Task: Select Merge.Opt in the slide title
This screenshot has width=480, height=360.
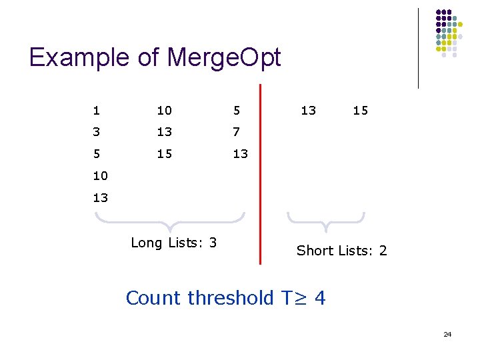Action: [224, 58]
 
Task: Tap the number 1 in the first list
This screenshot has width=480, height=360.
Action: [97, 111]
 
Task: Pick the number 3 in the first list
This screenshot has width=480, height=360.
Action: [97, 132]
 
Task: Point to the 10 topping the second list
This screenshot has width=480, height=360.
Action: [164, 111]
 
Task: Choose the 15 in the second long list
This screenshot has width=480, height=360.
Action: [164, 154]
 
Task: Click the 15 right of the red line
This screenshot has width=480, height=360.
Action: [360, 111]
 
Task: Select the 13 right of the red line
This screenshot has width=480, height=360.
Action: [308, 111]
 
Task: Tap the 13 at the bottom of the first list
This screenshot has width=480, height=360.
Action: [100, 198]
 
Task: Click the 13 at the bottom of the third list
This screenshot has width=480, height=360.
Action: [240, 154]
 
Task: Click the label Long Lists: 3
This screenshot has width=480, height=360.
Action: [173, 243]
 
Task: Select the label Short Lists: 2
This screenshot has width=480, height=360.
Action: [341, 251]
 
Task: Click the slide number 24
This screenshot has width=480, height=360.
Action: [447, 334]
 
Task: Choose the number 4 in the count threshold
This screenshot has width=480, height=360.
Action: [319, 298]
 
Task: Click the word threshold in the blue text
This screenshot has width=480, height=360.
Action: [229, 298]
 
